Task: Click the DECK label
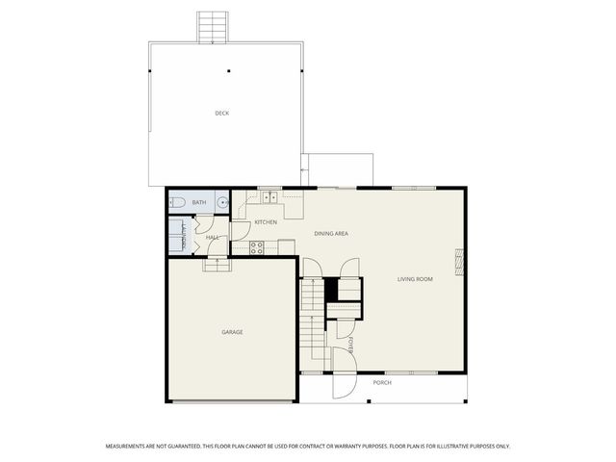tap(222, 114)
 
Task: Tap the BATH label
tap(199, 202)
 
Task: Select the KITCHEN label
tap(266, 222)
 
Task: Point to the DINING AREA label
tap(331, 234)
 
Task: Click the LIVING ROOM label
tap(416, 280)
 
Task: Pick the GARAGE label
tap(232, 332)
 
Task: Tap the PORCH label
tap(382, 383)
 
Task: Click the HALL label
tap(213, 237)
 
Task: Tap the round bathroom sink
tap(222, 202)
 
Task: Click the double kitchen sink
tap(270, 198)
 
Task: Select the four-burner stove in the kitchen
tap(257, 247)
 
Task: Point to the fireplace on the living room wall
tap(459, 259)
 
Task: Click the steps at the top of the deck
tap(212, 27)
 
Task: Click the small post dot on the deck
tap(229, 70)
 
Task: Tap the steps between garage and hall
tap(217, 266)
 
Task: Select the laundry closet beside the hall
tap(178, 234)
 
